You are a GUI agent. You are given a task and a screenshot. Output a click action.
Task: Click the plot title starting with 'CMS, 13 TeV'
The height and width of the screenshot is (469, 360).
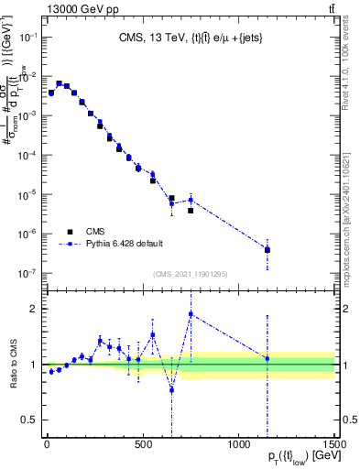(190, 38)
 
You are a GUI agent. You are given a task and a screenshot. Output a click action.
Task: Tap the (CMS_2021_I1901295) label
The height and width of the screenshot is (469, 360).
(189, 274)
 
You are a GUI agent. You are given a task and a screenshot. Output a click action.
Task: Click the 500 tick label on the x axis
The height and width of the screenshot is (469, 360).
(142, 443)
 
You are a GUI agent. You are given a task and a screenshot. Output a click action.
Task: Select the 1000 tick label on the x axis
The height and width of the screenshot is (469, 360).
(238, 443)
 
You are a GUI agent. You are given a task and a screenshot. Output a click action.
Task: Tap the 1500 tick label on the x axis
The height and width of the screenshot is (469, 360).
(333, 443)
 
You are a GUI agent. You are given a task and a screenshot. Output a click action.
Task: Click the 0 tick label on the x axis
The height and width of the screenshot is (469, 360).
(46, 443)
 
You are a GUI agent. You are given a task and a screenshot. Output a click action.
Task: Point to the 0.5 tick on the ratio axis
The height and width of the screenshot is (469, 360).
(30, 420)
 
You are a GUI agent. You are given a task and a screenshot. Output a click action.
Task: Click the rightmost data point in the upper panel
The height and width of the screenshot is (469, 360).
(267, 249)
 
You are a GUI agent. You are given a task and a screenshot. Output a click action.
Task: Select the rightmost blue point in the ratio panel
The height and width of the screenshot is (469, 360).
(267, 358)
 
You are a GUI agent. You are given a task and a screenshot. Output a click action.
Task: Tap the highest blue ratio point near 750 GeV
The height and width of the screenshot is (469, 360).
(191, 314)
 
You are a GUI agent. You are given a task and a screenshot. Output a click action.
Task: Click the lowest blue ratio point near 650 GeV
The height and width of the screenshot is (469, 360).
(171, 389)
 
